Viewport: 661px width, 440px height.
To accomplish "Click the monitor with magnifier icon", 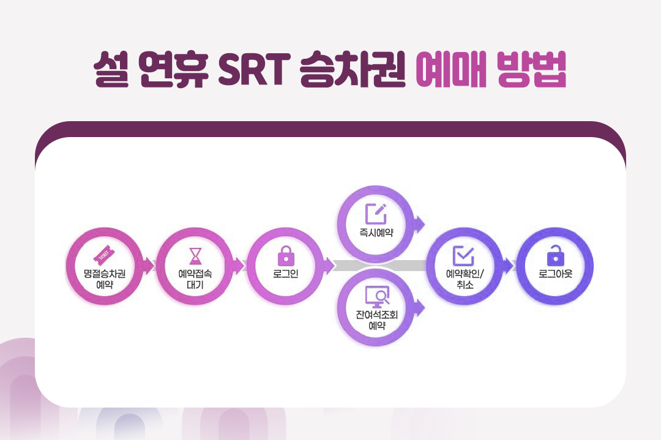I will pyautogui.click(x=376, y=297).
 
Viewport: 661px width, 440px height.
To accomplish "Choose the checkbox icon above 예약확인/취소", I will pyautogui.click(x=463, y=255).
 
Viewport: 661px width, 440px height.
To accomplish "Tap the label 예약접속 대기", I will pyautogui.click(x=195, y=278).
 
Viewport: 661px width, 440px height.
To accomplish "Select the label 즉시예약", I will pyautogui.click(x=376, y=233).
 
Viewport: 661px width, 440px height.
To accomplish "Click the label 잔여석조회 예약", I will pyautogui.click(x=376, y=320).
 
